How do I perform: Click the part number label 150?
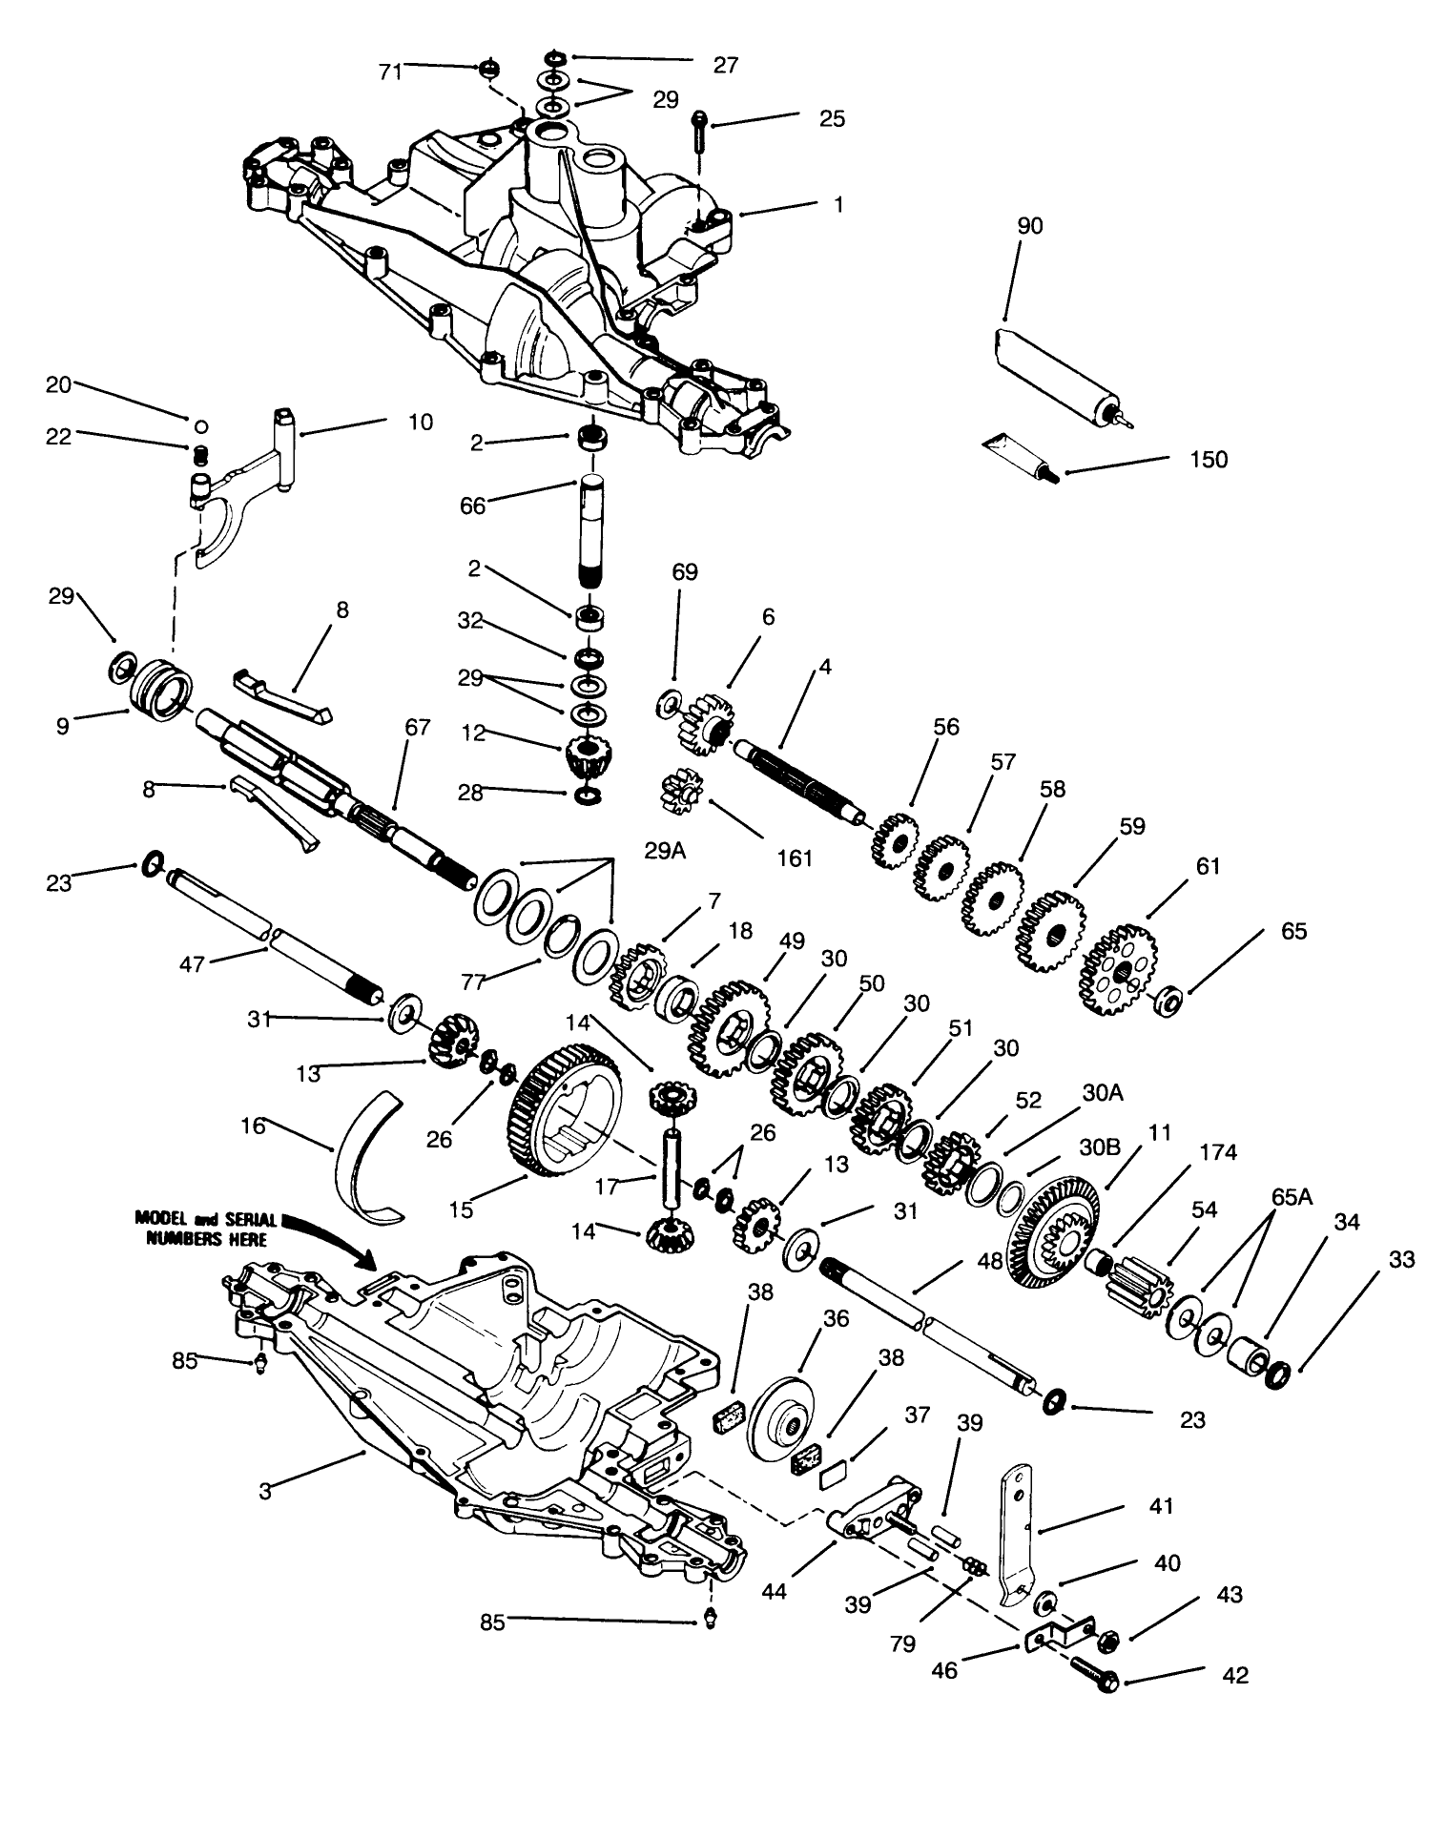(x=1209, y=460)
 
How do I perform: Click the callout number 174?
(x=1218, y=1152)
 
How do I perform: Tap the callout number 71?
(x=390, y=72)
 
